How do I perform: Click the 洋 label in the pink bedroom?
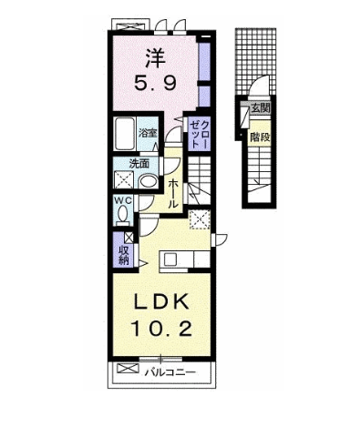tap(155, 58)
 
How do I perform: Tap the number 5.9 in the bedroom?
tap(155, 83)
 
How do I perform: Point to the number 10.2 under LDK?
tap(161, 329)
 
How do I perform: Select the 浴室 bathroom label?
tap(148, 133)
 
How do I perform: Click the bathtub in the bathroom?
tap(125, 134)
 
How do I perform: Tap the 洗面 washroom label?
tap(139, 164)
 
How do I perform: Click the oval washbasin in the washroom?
tap(148, 181)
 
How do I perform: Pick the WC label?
tap(123, 199)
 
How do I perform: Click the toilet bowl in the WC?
tap(123, 214)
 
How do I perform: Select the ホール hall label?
tap(173, 193)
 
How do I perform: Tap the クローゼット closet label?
tap(200, 134)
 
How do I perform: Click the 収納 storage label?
tap(124, 256)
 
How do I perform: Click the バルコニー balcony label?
tap(170, 371)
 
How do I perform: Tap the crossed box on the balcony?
tap(128, 369)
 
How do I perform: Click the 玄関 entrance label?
tap(260, 108)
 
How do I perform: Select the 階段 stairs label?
tap(260, 137)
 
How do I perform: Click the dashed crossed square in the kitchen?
tap(200, 219)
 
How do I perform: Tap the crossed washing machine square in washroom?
tap(124, 180)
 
